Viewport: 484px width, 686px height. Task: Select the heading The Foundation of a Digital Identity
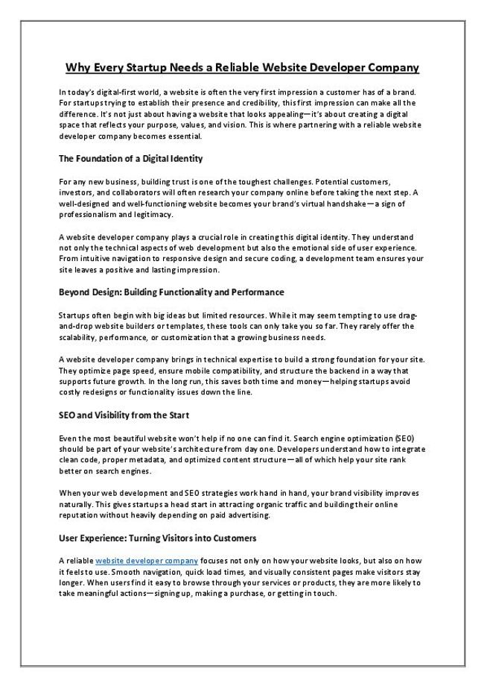130,159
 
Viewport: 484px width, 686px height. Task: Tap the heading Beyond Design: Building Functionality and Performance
171,292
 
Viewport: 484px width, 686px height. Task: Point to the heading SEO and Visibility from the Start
124,415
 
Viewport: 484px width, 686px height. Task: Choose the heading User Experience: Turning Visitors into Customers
157,538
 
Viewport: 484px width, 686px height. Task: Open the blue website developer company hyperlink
147,560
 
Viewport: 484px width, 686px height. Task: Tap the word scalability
80,337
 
